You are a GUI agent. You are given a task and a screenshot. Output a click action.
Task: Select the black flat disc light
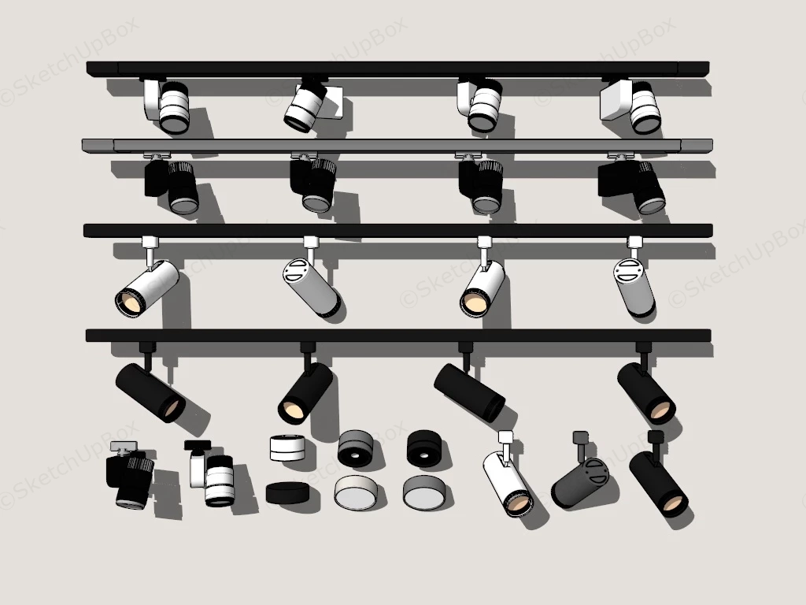(x=287, y=493)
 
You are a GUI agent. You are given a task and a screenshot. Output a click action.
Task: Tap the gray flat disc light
(x=423, y=492)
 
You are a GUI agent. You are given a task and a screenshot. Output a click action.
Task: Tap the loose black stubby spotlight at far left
(x=130, y=479)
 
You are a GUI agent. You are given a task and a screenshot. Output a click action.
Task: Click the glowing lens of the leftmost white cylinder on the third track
(x=131, y=301)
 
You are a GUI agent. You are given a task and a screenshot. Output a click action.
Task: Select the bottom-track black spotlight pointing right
(x=469, y=392)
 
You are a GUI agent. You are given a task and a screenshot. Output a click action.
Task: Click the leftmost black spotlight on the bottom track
(x=150, y=392)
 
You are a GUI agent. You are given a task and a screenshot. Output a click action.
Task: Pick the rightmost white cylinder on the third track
(x=634, y=288)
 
